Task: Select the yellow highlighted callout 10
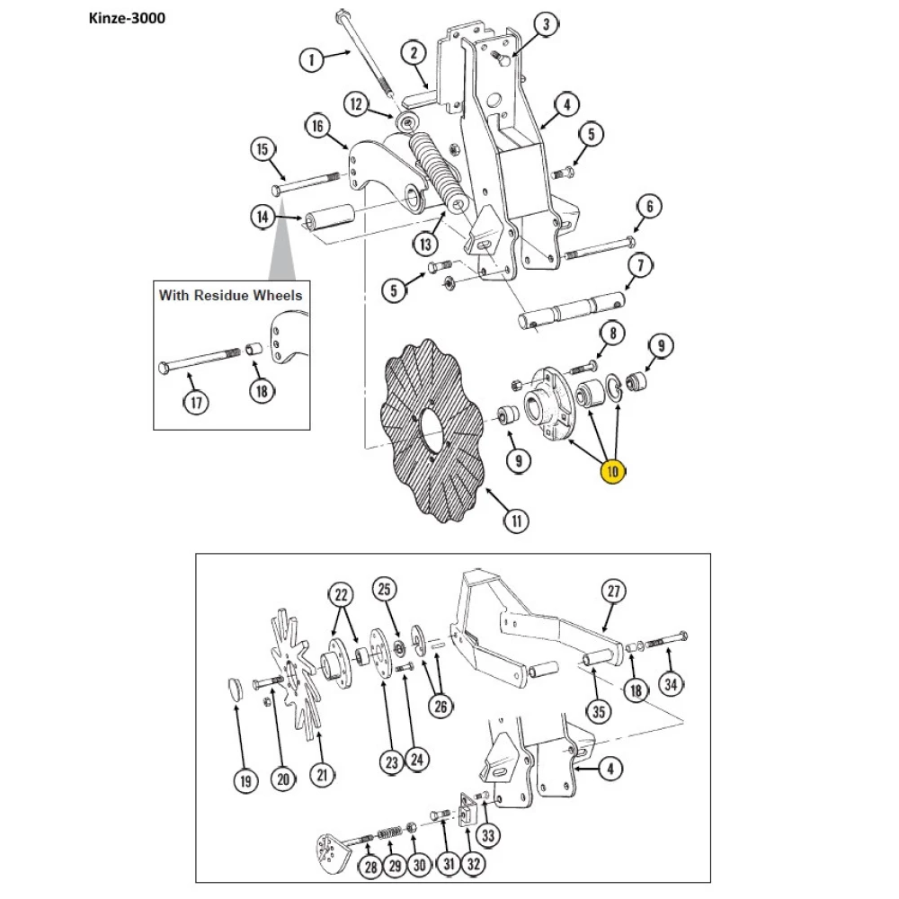point(613,471)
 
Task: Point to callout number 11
point(516,520)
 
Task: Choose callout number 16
point(317,126)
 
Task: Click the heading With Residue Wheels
point(230,294)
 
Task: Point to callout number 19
point(245,780)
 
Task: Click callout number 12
point(357,105)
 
